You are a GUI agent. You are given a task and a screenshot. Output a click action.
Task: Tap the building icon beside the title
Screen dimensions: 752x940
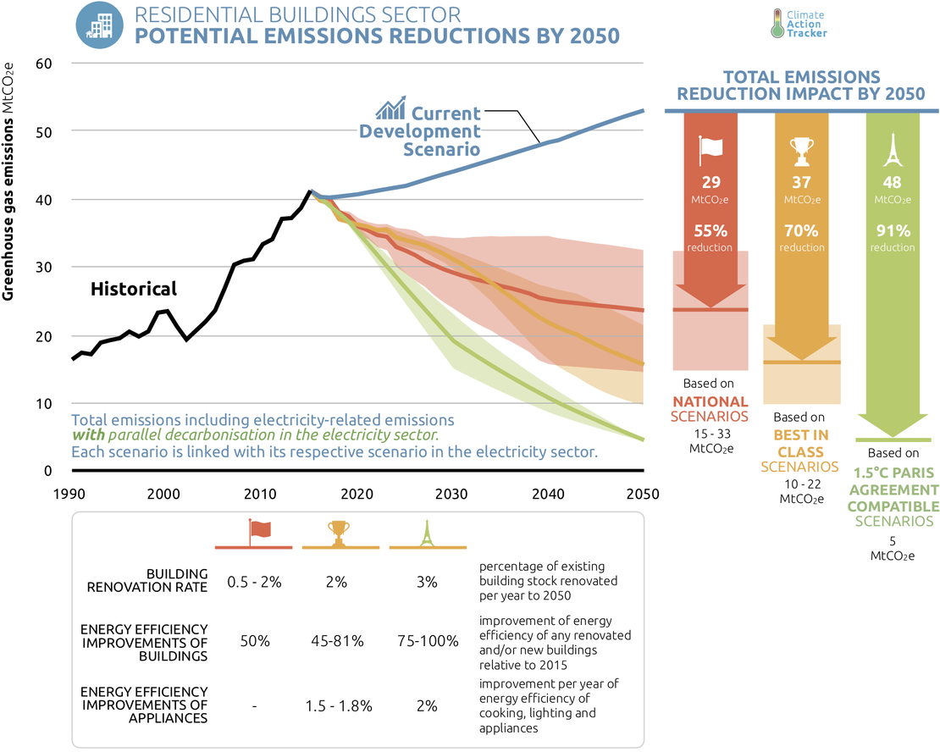[x=98, y=25]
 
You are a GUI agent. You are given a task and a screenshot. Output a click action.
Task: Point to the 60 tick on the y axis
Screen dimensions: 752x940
[x=44, y=64]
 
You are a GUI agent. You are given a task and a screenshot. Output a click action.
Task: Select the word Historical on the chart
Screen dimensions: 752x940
[x=134, y=289]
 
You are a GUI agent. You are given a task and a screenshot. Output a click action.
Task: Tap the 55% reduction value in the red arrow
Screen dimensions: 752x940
[x=710, y=230]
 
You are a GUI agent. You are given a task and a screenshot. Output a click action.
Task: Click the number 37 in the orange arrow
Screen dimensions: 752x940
[x=801, y=182]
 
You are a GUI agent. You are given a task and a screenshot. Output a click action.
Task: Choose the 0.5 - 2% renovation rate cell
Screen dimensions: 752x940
[x=254, y=582]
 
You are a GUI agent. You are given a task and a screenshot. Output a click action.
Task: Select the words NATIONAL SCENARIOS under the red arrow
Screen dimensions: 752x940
[x=710, y=408]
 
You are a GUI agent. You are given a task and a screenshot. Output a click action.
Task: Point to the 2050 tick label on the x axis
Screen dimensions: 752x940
[x=643, y=494]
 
